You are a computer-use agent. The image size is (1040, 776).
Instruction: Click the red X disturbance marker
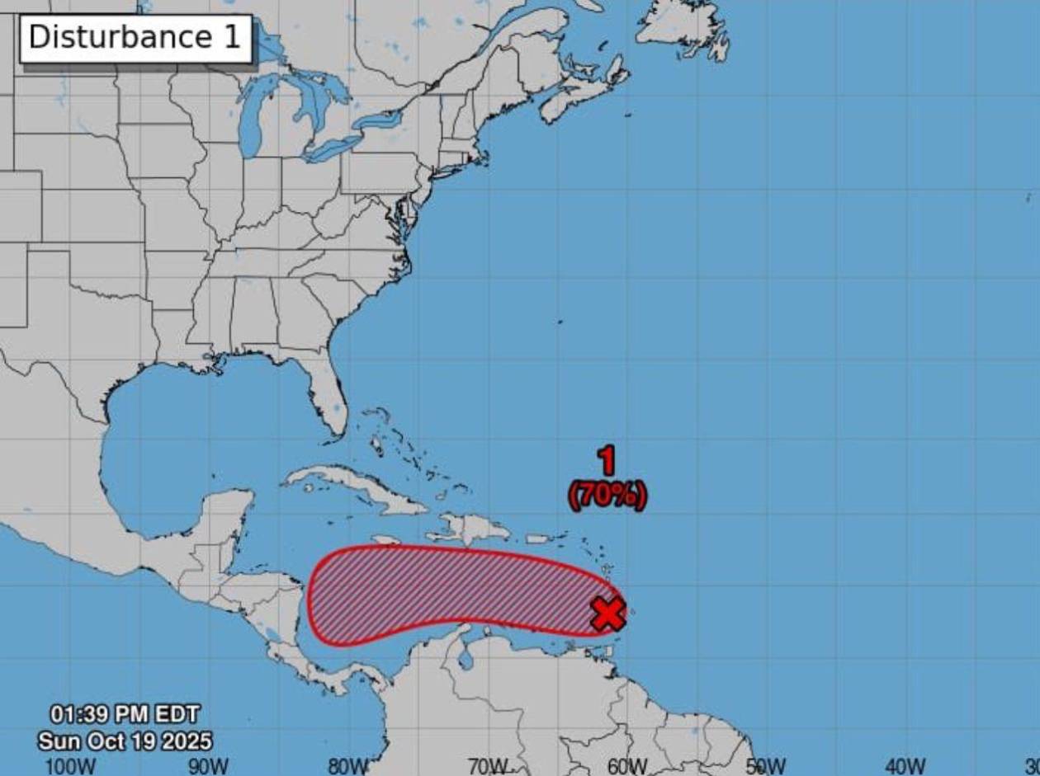point(608,614)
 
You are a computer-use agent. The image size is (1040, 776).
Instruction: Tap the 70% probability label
point(607,496)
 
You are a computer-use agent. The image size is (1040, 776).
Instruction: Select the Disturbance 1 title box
point(135,38)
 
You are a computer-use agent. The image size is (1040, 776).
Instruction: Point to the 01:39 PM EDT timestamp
point(125,713)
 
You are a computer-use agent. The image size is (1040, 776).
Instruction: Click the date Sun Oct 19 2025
point(125,740)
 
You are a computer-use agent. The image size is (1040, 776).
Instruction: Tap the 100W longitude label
point(69,766)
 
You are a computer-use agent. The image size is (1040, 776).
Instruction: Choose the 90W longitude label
point(208,766)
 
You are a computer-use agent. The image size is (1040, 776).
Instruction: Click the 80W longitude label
point(348,766)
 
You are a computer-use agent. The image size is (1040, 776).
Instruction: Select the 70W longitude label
point(488,766)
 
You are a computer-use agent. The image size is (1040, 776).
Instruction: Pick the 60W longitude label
point(627,766)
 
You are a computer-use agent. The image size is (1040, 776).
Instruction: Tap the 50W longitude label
point(766,766)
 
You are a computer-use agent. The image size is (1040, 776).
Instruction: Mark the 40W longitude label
point(905,766)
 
